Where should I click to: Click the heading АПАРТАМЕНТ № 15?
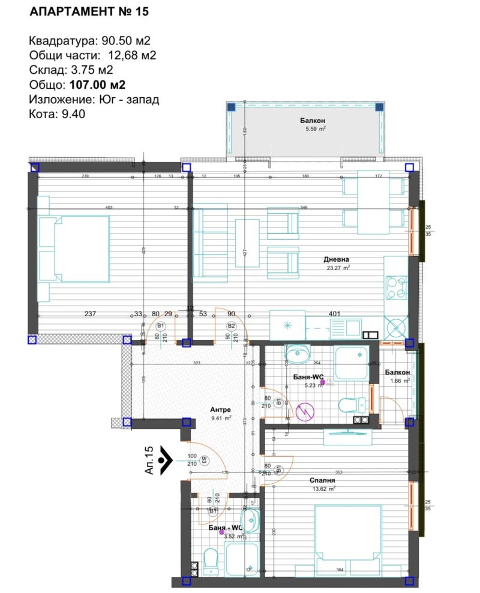(88, 11)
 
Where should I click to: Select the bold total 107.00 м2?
(97, 85)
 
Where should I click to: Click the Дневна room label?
(337, 259)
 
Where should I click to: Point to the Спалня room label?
(322, 480)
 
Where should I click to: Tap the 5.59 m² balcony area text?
(313, 128)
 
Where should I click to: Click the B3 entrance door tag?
(204, 461)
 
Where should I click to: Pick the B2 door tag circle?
(231, 326)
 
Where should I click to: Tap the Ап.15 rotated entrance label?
(150, 460)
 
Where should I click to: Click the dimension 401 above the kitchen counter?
(335, 313)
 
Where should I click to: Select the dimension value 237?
(90, 313)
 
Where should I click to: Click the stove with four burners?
(396, 286)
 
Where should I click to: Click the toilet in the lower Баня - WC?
(211, 559)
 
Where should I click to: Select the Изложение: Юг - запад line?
(94, 100)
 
